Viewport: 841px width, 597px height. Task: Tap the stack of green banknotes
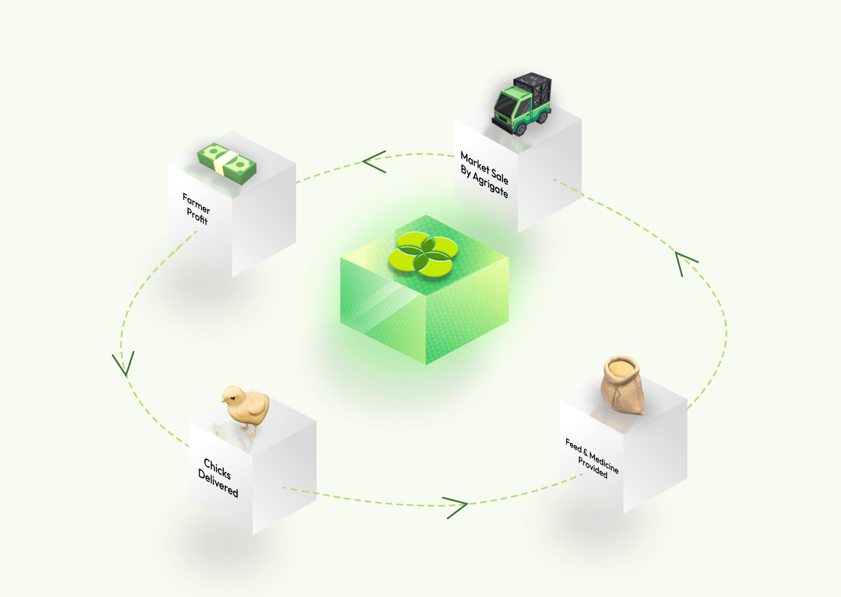pos(227,163)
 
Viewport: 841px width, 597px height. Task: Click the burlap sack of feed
pos(623,385)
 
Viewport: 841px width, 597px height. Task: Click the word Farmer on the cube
pos(196,203)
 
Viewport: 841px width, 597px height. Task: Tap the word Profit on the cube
pos(197,217)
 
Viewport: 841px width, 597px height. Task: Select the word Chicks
pos(217,468)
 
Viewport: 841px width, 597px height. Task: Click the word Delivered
pos(218,484)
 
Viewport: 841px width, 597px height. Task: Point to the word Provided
pos(592,467)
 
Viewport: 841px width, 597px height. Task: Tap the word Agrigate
pos(490,185)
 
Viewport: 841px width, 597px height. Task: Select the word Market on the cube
pos(475,162)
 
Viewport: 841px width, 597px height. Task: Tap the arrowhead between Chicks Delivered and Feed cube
pos(456,508)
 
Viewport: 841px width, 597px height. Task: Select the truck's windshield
pos(505,106)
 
